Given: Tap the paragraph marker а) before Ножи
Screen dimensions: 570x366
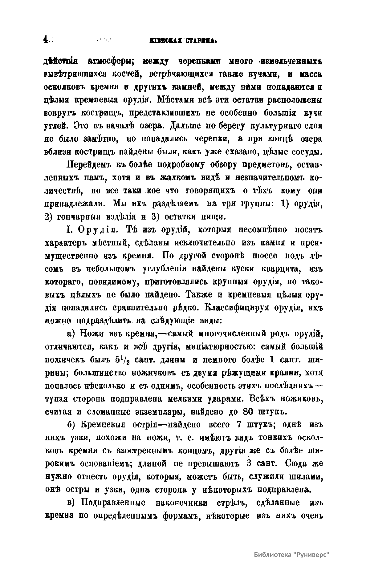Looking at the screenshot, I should point(71,334).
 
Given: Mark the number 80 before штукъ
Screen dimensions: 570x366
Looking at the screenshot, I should point(249,412).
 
